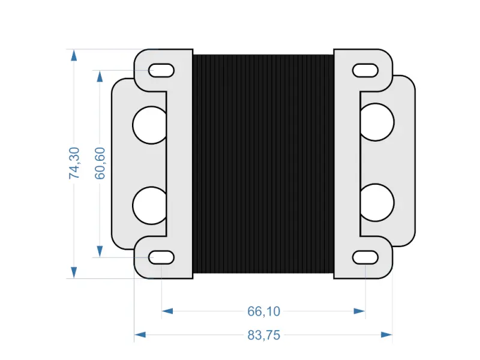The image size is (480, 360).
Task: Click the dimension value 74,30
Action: (74, 163)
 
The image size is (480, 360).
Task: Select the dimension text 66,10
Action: (264, 311)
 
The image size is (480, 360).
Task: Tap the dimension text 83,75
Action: (264, 335)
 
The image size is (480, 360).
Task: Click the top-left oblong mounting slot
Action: (161, 70)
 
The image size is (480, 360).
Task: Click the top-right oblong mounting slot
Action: (365, 70)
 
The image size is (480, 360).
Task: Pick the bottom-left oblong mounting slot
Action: (161, 257)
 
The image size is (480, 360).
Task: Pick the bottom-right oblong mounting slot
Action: (365, 257)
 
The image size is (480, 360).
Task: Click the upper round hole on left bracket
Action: (149, 125)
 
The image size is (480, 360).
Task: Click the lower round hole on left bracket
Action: (149, 205)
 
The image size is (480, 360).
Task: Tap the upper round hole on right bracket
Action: (377, 122)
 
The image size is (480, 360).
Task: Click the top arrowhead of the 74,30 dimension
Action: (74, 56)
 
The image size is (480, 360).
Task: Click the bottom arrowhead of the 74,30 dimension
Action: (74, 272)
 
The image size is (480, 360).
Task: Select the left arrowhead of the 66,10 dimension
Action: (168, 311)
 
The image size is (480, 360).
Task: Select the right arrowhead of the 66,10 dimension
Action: (359, 311)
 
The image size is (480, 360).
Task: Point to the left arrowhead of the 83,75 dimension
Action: (140, 335)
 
